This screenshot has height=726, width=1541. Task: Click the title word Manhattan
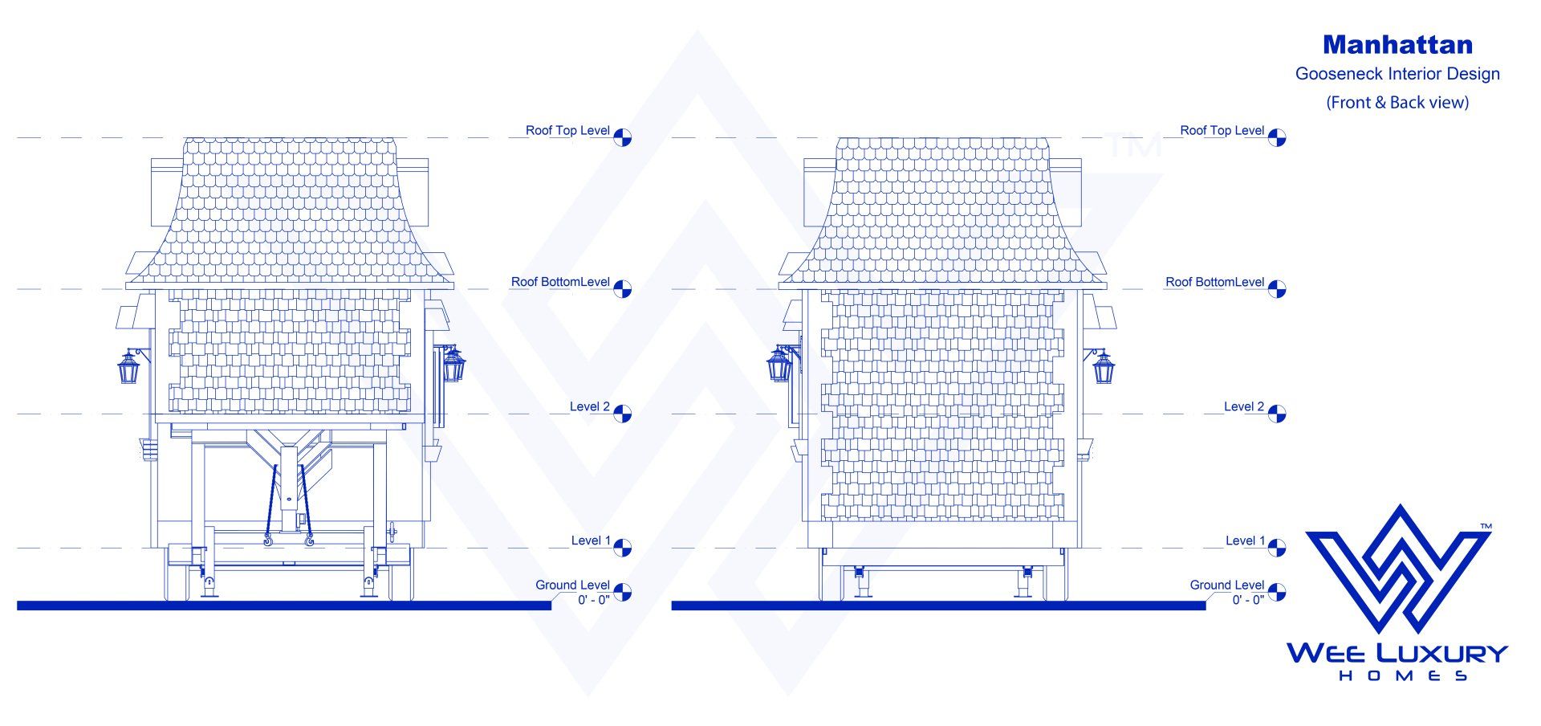1397,44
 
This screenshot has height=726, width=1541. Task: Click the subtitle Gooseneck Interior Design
1397,74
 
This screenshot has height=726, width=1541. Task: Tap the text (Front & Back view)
1397,102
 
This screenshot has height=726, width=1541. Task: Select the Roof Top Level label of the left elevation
567,130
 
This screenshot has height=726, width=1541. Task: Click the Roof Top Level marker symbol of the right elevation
1277,138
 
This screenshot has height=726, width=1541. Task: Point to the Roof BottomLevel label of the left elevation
560,282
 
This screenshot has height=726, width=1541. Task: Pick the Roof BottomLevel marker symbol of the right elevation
1277,289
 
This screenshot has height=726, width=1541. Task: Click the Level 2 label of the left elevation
589,406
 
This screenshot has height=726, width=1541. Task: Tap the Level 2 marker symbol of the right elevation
1277,414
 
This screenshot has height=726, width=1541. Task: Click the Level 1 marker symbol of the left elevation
623,549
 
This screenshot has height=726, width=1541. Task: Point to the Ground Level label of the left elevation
572,585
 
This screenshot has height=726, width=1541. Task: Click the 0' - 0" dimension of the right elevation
1248,600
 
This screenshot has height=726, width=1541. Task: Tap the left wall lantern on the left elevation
128,368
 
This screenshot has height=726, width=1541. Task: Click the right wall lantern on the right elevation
1103,367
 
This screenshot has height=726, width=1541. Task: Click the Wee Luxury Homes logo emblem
1398,569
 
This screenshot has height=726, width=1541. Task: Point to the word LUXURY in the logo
1441,653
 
